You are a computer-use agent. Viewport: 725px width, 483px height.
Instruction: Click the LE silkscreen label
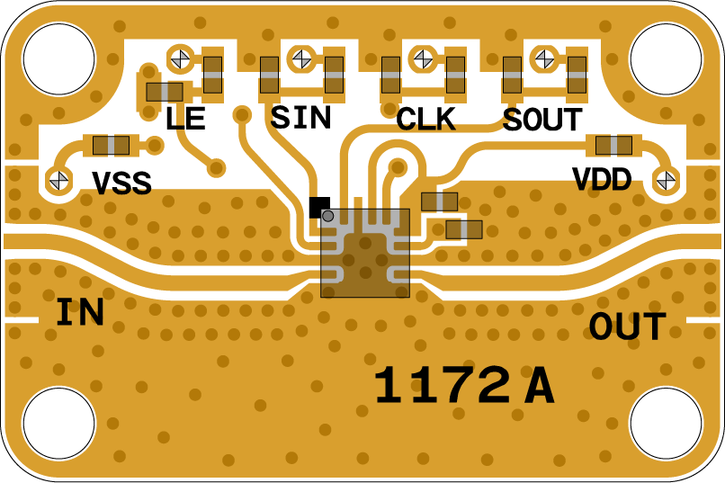tap(185, 119)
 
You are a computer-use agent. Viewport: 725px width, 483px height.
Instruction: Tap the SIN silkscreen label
tap(300, 117)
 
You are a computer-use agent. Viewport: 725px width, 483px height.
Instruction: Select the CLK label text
tap(425, 119)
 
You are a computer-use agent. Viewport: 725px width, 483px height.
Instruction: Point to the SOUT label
tap(542, 120)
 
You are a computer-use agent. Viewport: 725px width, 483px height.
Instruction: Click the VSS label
tap(121, 183)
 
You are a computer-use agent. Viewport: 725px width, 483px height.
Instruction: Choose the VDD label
tap(602, 179)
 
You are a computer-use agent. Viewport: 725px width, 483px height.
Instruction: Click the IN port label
tap(80, 312)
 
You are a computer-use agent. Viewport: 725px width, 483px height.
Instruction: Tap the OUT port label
tap(627, 327)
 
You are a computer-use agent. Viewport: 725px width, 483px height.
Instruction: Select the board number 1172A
tap(463, 387)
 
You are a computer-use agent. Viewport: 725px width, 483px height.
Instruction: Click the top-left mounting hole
tap(58, 58)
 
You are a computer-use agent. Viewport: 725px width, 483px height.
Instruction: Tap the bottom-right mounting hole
tap(666, 424)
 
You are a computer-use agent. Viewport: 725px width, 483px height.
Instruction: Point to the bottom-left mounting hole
tap(58, 424)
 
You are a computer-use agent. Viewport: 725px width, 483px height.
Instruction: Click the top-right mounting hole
tap(666, 58)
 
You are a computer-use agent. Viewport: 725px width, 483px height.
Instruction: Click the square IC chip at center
tap(365, 253)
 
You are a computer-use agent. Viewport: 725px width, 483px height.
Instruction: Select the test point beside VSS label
tap(59, 179)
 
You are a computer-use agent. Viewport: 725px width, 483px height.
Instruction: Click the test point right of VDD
tap(666, 180)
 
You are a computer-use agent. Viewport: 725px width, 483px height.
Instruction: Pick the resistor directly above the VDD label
tap(613, 145)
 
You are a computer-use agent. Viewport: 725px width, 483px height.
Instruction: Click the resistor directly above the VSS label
tap(112, 145)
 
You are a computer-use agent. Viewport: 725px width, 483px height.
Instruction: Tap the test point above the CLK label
tap(422, 59)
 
